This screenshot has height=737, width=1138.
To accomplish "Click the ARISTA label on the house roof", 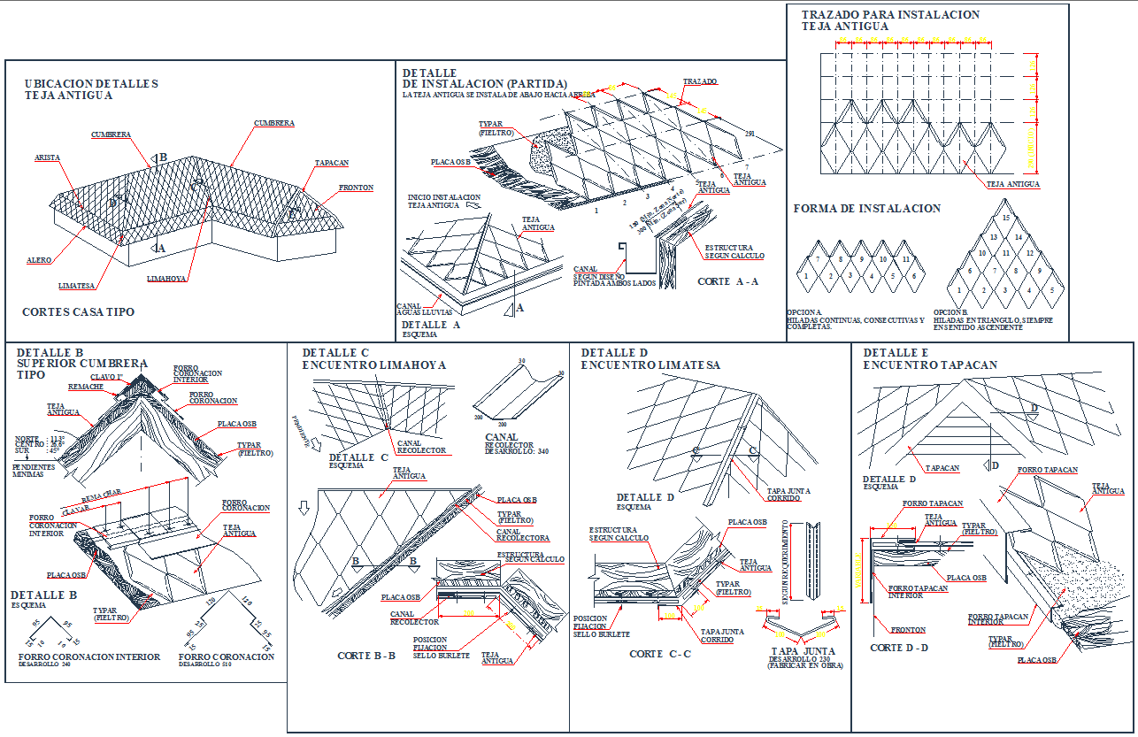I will click(47, 157).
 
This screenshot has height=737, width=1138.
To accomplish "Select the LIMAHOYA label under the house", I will click(166, 279).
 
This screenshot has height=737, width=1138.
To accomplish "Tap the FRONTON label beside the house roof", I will click(356, 188).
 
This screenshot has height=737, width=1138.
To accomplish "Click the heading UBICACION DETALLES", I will click(91, 84).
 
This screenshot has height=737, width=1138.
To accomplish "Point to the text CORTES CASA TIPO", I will click(78, 312).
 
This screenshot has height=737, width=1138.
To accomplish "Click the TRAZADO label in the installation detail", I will click(701, 81).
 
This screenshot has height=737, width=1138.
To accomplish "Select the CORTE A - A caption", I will click(727, 281).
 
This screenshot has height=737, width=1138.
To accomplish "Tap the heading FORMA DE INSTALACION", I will click(866, 209).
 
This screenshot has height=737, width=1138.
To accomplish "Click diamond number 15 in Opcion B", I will click(1005, 218).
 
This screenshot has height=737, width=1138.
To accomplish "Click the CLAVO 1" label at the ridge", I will click(106, 377).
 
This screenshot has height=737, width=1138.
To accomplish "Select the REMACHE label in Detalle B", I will click(86, 387).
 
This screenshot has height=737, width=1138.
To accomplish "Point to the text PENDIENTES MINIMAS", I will click(34, 470).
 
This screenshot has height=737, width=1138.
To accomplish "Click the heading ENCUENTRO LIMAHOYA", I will click(374, 365).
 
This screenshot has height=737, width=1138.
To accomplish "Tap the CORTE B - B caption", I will click(366, 656).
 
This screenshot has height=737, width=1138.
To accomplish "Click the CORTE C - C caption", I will click(658, 654).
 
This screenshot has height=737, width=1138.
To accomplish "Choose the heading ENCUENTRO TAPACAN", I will click(930, 365).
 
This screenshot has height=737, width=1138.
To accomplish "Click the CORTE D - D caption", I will click(899, 648).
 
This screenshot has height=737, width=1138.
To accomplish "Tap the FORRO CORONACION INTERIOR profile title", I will click(88, 657).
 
